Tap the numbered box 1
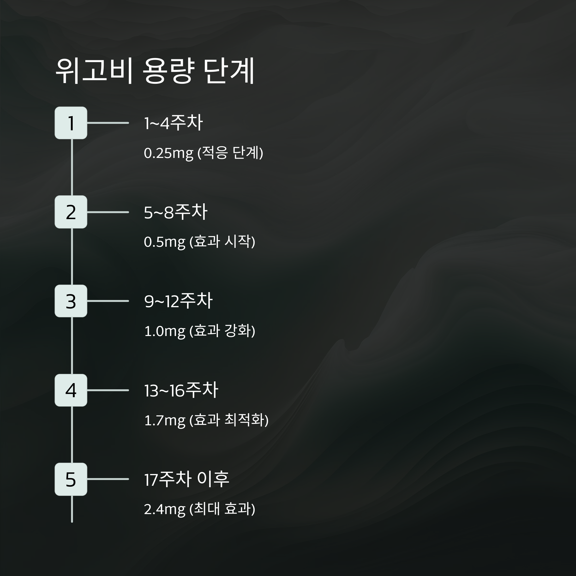pyautogui.click(x=71, y=123)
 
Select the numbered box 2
pyautogui.click(x=71, y=212)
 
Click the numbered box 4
pyautogui.click(x=71, y=390)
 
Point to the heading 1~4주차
pyautogui.click(x=173, y=123)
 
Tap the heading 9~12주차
pyautogui.click(x=178, y=301)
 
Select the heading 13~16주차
pyautogui.click(x=181, y=390)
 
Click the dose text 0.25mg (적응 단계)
pyautogui.click(x=203, y=153)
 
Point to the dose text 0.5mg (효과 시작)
pyautogui.click(x=199, y=242)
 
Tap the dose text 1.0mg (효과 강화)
pyautogui.click(x=199, y=331)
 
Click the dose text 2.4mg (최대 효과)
pyautogui.click(x=199, y=509)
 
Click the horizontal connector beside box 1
pyautogui.click(x=108, y=123)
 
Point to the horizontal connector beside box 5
pyautogui.click(x=108, y=479)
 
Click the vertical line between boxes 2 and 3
pyautogui.click(x=72, y=256)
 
